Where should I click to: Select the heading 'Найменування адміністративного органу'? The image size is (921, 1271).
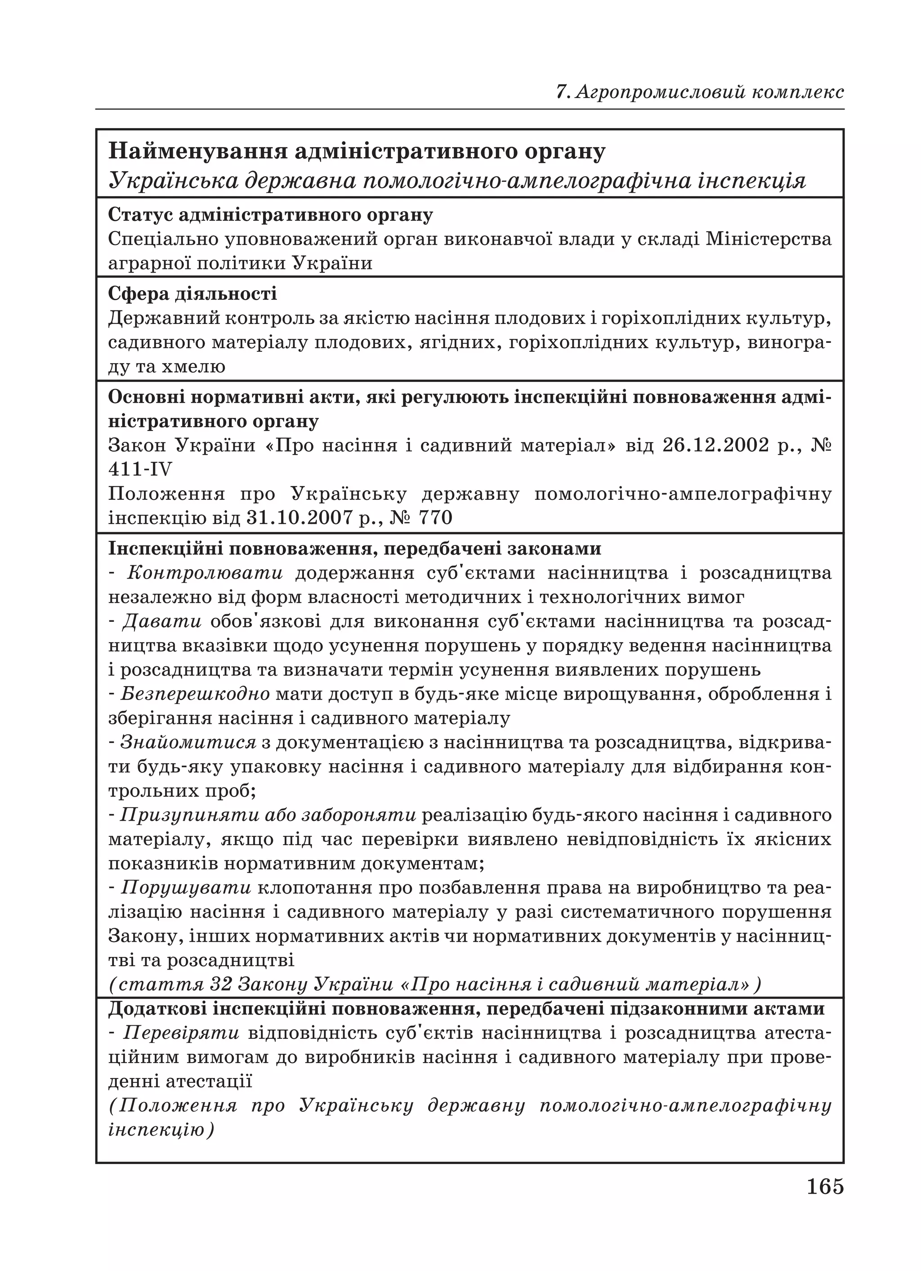(x=357, y=152)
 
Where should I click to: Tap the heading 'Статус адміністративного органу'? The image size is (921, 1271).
(x=271, y=215)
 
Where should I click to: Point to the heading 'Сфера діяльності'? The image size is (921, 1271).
(x=192, y=294)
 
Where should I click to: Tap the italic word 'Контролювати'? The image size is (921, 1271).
(x=205, y=573)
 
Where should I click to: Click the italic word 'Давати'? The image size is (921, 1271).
(x=162, y=621)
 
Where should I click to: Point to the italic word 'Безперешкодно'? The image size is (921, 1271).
(x=195, y=694)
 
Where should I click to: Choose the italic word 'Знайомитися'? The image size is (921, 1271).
(x=188, y=742)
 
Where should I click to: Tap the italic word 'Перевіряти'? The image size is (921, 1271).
(x=181, y=1033)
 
